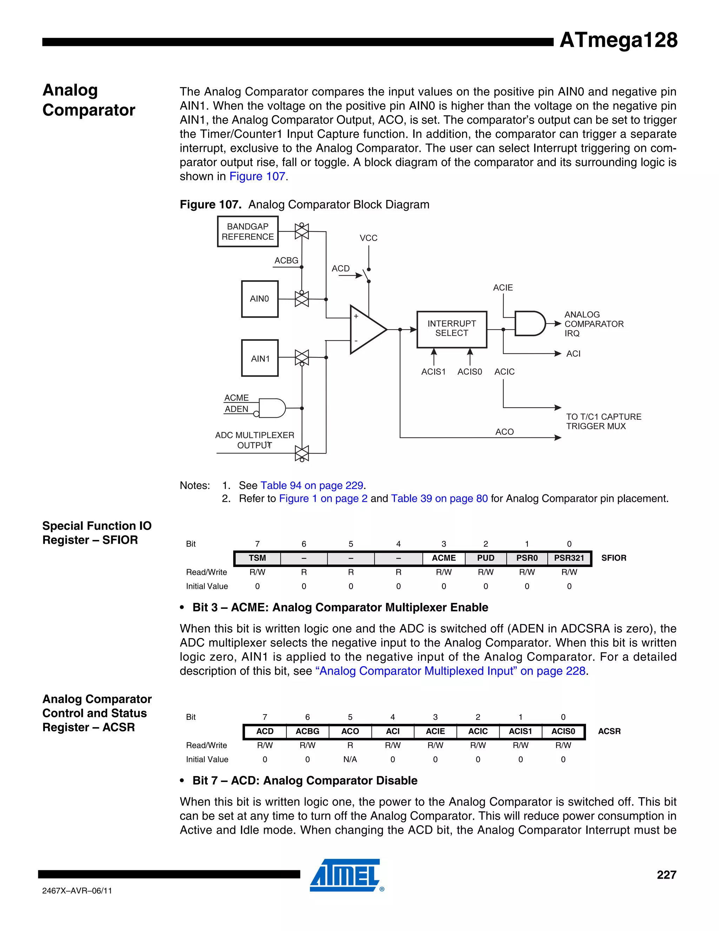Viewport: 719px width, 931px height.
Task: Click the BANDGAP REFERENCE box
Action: click(248, 232)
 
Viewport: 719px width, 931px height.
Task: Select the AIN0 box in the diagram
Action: click(259, 299)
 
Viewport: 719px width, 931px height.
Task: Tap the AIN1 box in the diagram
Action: click(260, 358)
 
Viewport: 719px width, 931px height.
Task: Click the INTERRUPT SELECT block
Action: click(451, 329)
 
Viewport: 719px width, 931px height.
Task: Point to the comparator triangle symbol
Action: click(366, 330)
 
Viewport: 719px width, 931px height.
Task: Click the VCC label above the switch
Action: click(368, 238)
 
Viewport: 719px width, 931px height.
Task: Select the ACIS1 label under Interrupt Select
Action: click(433, 372)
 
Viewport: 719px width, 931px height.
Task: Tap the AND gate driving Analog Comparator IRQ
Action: click(529, 324)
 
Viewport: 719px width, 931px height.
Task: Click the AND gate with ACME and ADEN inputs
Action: click(272, 408)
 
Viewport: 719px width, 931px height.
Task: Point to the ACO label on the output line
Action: click(504, 432)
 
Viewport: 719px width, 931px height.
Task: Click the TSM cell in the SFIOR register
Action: click(257, 558)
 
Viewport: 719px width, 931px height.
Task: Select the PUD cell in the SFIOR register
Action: click(486, 558)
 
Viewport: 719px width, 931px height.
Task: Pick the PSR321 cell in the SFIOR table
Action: click(569, 558)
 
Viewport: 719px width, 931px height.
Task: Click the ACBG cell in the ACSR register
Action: click(307, 731)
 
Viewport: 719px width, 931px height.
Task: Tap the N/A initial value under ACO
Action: click(350, 759)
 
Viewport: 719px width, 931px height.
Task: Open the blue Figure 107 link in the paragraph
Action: click(257, 176)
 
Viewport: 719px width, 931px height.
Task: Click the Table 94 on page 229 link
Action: click(312, 486)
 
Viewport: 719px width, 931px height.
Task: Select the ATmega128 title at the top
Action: click(618, 40)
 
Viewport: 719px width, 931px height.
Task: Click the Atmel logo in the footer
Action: click(346, 875)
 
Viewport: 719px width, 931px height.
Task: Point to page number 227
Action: click(666, 875)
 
